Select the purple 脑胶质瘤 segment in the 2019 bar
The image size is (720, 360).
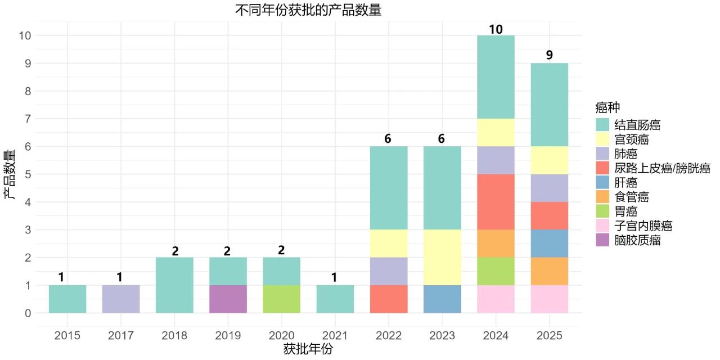228,299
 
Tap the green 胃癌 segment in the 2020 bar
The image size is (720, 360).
281,299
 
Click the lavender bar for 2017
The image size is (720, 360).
121,299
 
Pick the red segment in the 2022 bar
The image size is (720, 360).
389,299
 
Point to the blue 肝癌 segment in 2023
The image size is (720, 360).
442,299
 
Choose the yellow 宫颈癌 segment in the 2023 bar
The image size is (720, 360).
442,257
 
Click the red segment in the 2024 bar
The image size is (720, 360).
496,201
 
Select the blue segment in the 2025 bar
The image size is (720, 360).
549,243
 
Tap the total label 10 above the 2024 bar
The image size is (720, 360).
496,29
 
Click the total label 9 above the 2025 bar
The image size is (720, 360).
549,56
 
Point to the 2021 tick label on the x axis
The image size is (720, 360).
335,336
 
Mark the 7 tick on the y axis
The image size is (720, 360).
26,119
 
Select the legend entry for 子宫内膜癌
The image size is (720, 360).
643,226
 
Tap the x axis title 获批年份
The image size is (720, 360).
308,349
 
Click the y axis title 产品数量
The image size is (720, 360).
10,174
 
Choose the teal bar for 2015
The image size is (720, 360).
67,299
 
